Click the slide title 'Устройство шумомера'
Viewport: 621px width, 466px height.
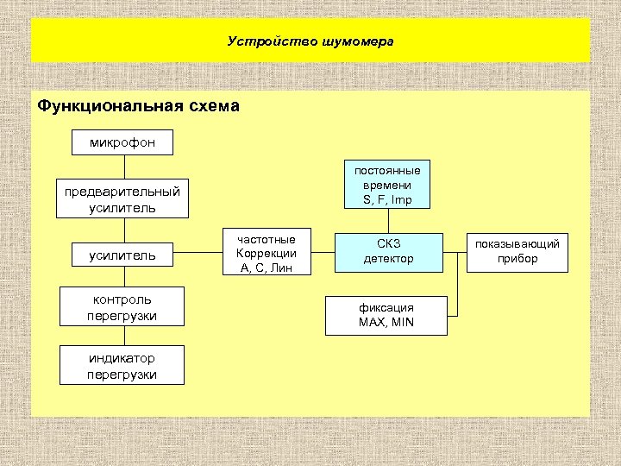(x=310, y=41)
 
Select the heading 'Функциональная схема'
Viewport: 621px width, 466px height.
(x=138, y=107)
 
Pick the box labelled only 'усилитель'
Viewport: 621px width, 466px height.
(x=122, y=255)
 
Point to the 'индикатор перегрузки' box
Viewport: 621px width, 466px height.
(x=122, y=365)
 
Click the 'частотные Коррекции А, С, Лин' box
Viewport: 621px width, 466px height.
(x=266, y=254)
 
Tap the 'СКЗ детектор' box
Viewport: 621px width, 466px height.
(x=388, y=252)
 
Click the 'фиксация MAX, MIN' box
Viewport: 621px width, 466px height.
(x=386, y=315)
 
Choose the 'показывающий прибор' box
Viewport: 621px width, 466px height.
(x=517, y=252)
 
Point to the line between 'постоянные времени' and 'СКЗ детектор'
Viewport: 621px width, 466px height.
(x=388, y=221)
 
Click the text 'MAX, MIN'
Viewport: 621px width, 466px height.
(x=386, y=323)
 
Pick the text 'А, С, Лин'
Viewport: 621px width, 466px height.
(x=266, y=268)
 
